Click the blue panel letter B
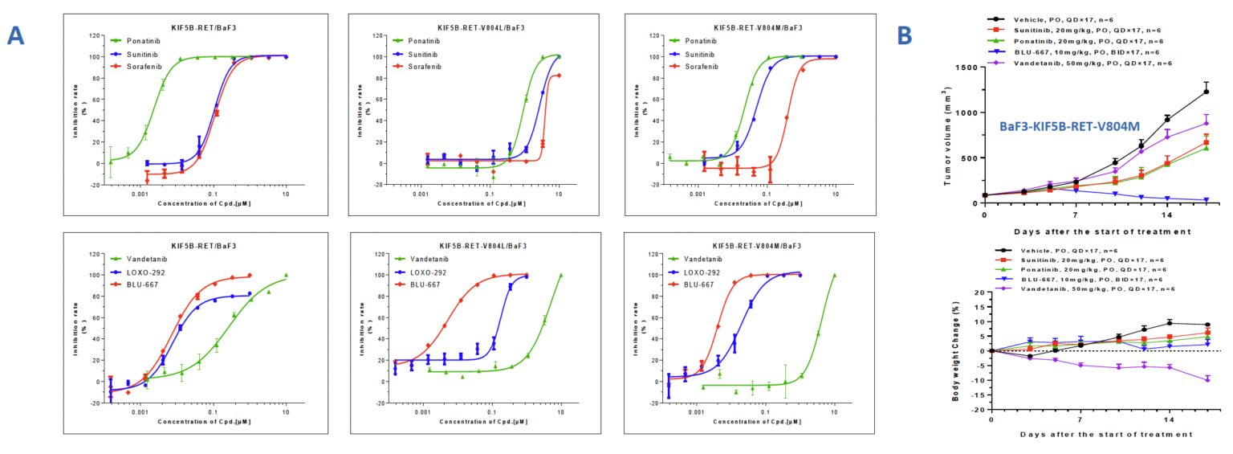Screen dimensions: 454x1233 point(905,35)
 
